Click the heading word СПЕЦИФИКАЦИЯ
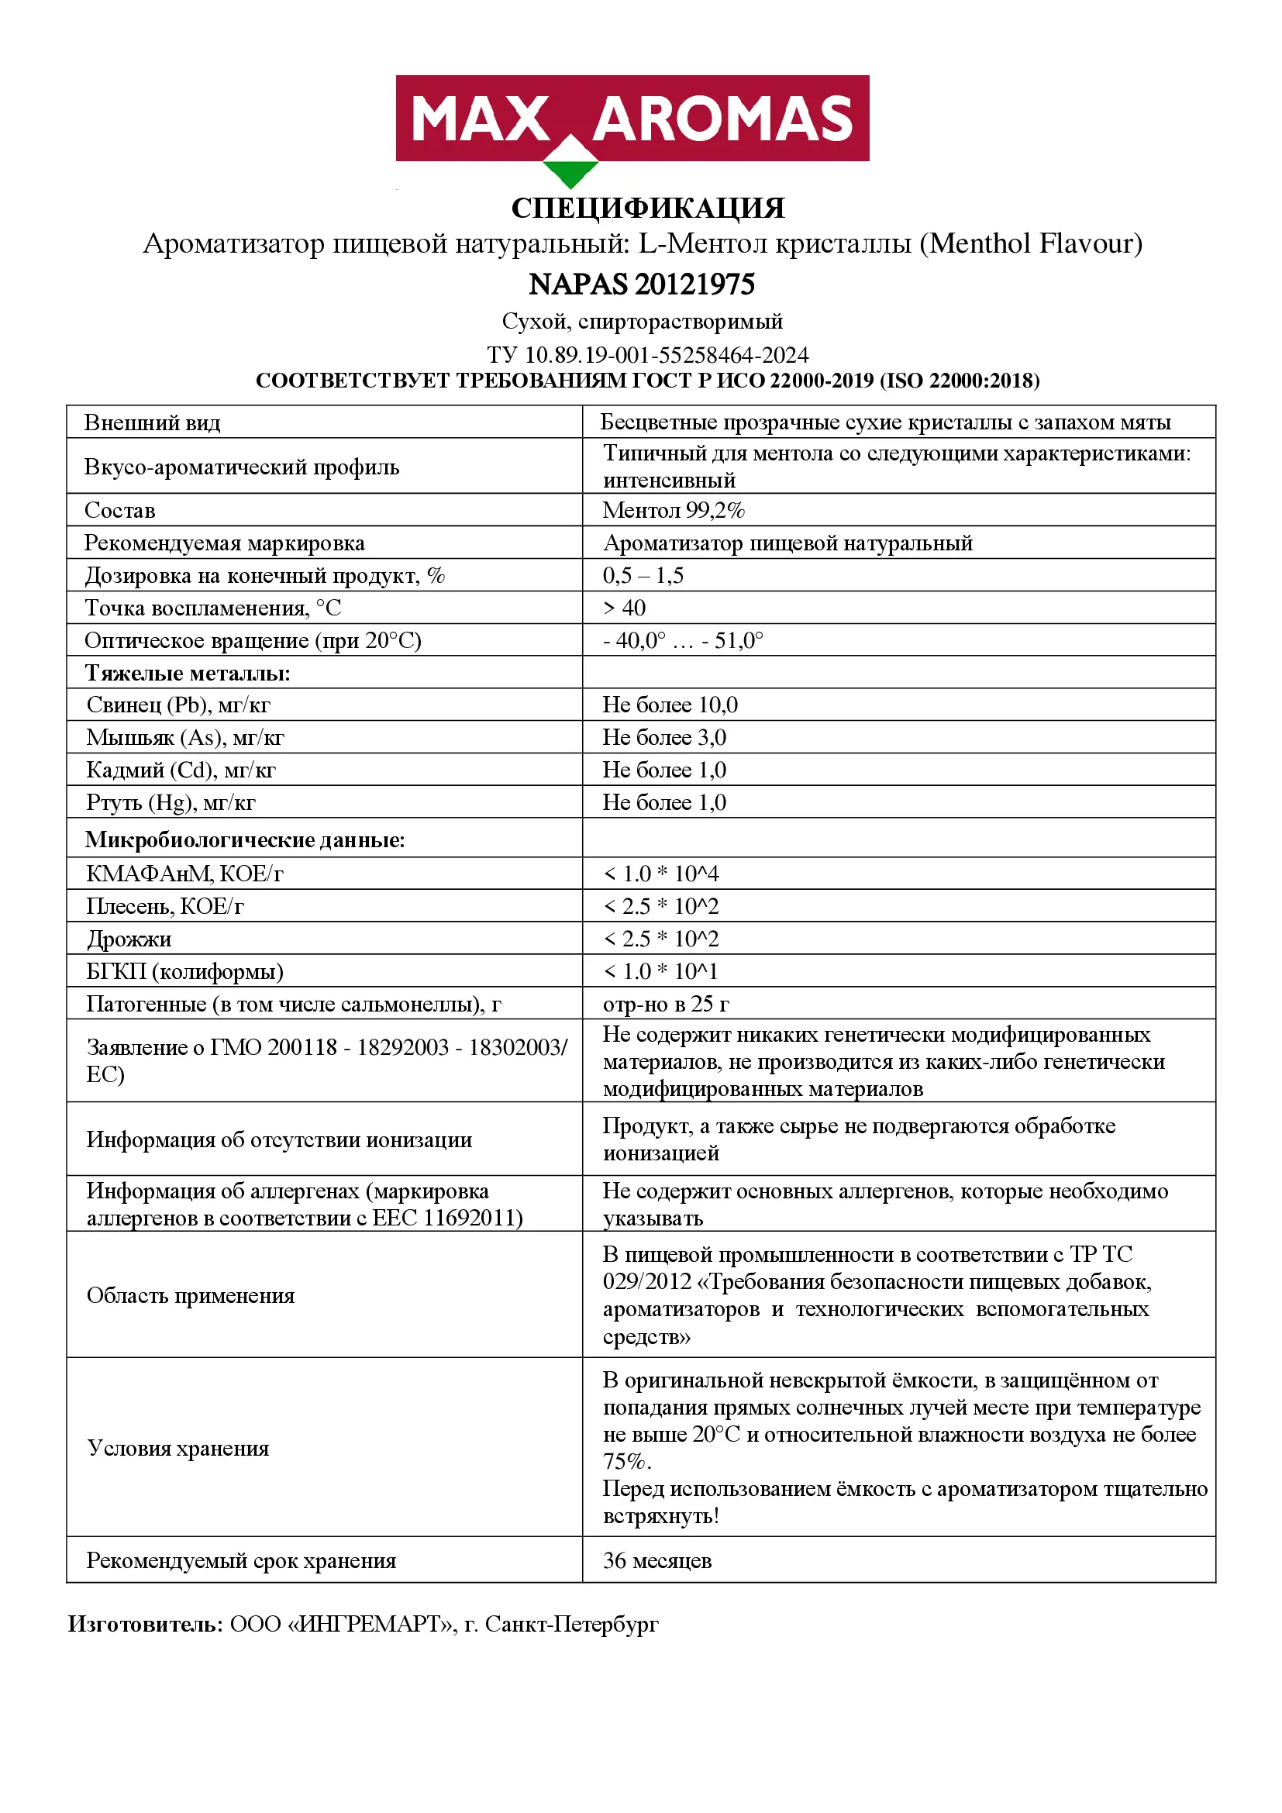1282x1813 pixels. click(x=648, y=209)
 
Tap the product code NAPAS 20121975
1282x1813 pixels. click(x=641, y=284)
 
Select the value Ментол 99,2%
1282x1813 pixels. click(x=674, y=510)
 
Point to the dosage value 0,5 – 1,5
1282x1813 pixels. click(x=643, y=576)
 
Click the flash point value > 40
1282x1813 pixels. click(x=624, y=608)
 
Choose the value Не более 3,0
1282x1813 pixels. click(x=664, y=736)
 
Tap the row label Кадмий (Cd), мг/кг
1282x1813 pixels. click(x=181, y=770)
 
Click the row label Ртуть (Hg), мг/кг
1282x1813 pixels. click(x=171, y=802)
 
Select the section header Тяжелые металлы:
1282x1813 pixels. click(x=187, y=673)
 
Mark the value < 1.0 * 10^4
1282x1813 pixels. click(x=660, y=874)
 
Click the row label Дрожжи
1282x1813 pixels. click(x=129, y=939)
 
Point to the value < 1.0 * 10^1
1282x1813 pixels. click(x=660, y=971)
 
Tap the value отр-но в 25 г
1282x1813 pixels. click(x=666, y=1004)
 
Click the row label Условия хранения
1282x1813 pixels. click(x=177, y=1448)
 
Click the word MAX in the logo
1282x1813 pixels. click(x=480, y=120)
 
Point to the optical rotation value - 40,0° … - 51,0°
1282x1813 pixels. click(x=683, y=640)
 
